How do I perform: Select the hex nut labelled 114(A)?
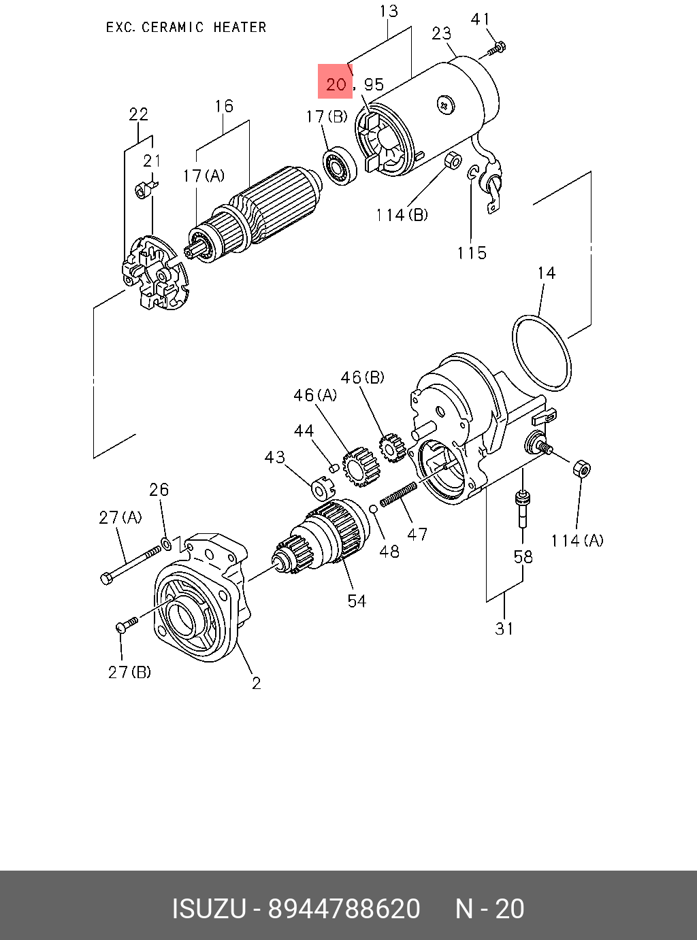click(581, 469)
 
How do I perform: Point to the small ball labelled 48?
click(373, 508)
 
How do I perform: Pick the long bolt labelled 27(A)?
click(133, 563)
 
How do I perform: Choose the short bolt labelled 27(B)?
click(127, 624)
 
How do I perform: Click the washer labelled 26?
click(165, 543)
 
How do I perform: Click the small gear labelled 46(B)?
click(392, 448)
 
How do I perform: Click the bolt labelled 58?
click(521, 507)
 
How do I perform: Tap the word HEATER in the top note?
click(240, 28)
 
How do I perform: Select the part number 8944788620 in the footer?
click(344, 909)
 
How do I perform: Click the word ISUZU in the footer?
click(209, 909)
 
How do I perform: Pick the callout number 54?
click(357, 601)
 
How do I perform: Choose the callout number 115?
click(472, 252)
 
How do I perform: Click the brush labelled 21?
click(142, 190)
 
